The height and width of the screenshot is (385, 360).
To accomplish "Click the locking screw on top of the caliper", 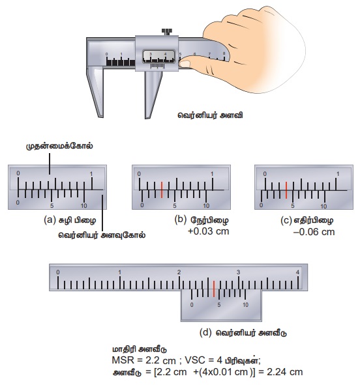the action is point(166,32).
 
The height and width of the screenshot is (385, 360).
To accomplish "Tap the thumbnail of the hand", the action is point(185,64).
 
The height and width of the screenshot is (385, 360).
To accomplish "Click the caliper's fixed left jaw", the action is point(95,91).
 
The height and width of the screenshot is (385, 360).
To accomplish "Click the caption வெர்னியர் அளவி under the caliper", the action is point(210,115).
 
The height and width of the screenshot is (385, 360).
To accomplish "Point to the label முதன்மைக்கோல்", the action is point(59,146).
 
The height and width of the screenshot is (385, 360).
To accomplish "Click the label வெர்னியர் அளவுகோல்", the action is point(102,235).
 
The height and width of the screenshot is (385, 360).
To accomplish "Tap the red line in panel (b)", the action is point(162,190).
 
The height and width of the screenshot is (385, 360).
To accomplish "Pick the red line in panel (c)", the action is point(286,190).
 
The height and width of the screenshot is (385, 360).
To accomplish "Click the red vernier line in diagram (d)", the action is point(214,289).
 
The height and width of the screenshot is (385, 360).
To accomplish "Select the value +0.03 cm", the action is point(209,231).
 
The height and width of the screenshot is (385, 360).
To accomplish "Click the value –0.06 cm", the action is point(314,232).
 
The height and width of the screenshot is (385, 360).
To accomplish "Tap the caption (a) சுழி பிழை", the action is point(70,220).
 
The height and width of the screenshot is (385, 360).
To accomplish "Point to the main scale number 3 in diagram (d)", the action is point(238,272).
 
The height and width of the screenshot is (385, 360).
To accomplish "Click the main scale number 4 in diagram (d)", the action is point(298,272).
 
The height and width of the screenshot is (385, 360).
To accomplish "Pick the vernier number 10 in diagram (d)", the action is point(245,305).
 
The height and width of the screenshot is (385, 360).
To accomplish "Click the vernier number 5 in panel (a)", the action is point(52,205).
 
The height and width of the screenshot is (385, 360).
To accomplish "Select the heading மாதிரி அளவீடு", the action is point(139,349).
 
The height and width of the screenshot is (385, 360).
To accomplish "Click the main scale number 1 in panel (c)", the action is point(338,174).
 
